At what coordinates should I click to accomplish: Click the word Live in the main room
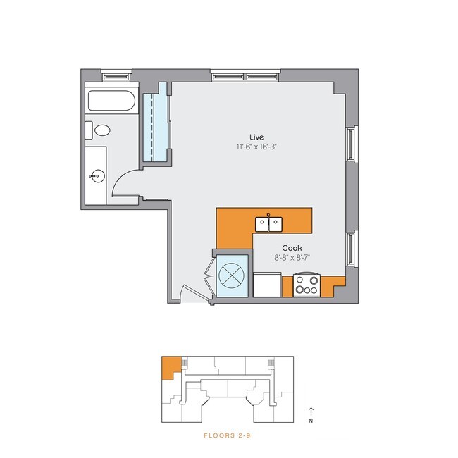coord(256,136)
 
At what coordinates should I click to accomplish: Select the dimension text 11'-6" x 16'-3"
coord(256,147)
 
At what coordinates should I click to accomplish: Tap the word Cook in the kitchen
coord(292,248)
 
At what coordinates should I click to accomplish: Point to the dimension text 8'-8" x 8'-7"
coord(292,259)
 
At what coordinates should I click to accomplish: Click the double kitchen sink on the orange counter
coord(268,223)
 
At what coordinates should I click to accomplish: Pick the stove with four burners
coord(307,285)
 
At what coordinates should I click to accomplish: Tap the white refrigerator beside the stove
coord(267,285)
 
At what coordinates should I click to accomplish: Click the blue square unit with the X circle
coord(231,274)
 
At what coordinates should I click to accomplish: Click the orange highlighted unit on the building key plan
coord(169,367)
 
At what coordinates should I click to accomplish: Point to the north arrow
coord(310,411)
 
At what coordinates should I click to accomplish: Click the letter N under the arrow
coord(310,421)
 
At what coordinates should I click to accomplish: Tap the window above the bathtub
coord(116,73)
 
